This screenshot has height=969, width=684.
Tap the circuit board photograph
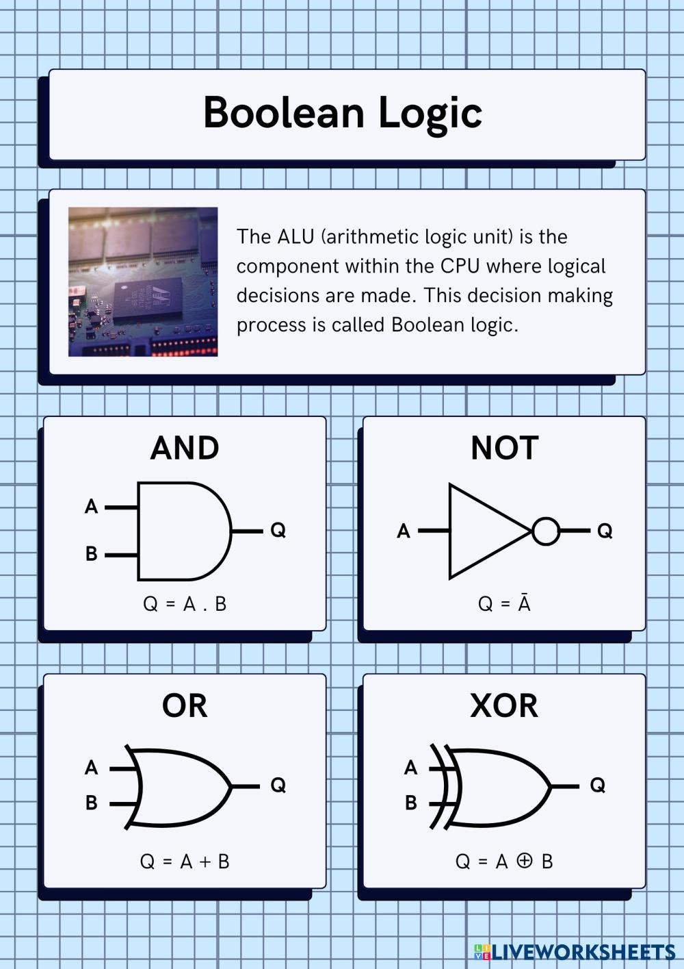pos(143,281)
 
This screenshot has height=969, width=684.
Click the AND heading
pos(185,449)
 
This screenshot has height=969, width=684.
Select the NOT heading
pos(505,449)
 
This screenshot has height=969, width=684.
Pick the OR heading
pos(185,706)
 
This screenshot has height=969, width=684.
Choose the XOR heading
pos(504,706)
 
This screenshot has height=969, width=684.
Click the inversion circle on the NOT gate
pos(546,531)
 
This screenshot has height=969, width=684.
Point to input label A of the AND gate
pos(91,507)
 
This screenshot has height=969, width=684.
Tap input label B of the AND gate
pos(91,554)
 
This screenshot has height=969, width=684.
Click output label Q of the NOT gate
pos(605,531)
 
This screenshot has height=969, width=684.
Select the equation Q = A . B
pos(185,604)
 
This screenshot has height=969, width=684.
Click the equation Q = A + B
pos(185,861)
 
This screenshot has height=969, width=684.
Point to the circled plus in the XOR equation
pos(525,861)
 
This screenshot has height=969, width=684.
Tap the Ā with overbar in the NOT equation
pos(524,604)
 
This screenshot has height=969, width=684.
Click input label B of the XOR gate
pos(410,803)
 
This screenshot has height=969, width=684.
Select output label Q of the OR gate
pos(278,785)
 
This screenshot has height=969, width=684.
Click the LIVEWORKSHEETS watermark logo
pos(575,951)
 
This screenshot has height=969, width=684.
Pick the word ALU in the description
pos(295,237)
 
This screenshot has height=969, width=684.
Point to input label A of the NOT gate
pos(404,531)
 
